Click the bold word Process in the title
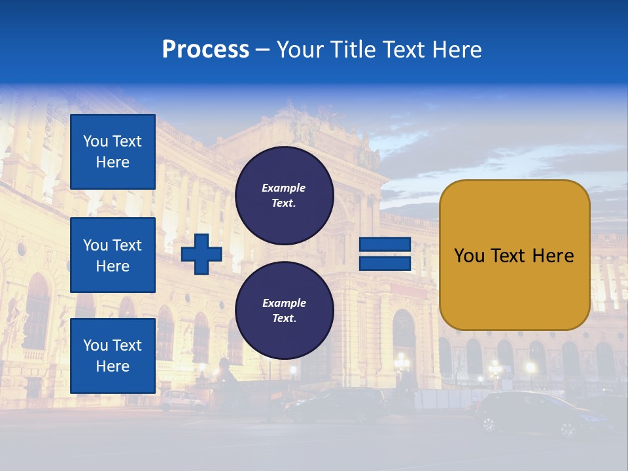pyautogui.click(x=205, y=50)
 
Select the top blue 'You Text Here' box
pyautogui.click(x=113, y=152)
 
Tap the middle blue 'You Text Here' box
pyautogui.click(x=113, y=255)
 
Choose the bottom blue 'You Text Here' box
pyautogui.click(x=113, y=356)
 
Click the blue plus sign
pyautogui.click(x=201, y=254)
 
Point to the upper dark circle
pyautogui.click(x=284, y=195)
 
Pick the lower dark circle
pyautogui.click(x=284, y=310)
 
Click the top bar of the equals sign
pyautogui.click(x=385, y=245)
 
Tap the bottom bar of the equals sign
pyautogui.click(x=385, y=264)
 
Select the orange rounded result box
pyautogui.click(x=514, y=254)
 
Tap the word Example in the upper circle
pyautogui.click(x=284, y=188)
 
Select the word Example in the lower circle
pyautogui.click(x=284, y=303)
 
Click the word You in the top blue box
pyautogui.click(x=96, y=141)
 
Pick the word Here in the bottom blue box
pyautogui.click(x=113, y=366)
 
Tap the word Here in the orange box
pyautogui.click(x=553, y=256)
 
